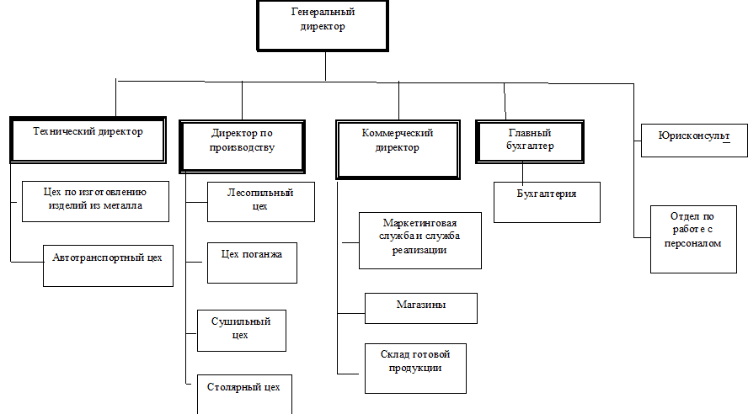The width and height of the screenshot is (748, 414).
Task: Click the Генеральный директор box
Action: (323, 24)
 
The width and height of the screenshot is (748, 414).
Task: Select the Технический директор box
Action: (88, 140)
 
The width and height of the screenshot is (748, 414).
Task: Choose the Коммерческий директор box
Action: (397, 150)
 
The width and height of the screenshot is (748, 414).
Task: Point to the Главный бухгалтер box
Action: (530, 141)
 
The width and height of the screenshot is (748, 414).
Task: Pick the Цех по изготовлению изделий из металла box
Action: (95, 201)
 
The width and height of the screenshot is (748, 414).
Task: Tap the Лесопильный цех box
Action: (260, 202)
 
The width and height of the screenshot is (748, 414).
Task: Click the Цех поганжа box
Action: (252, 262)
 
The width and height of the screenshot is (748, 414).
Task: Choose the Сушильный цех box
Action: (241, 330)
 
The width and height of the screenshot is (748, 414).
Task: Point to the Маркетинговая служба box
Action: (419, 240)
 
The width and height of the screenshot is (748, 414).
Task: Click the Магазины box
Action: (420, 308)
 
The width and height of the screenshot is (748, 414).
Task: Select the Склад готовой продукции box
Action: (415, 368)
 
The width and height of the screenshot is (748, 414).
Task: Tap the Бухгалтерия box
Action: (547, 202)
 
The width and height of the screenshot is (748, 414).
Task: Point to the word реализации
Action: (419, 250)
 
